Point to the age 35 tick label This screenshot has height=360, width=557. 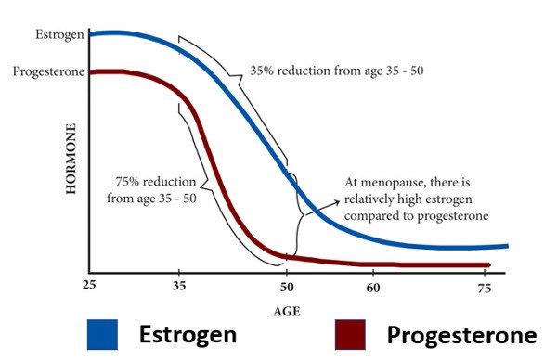point(179,288)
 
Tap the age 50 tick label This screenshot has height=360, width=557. point(287,288)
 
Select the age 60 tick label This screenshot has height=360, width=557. point(372,288)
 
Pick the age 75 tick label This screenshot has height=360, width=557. point(483,288)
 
